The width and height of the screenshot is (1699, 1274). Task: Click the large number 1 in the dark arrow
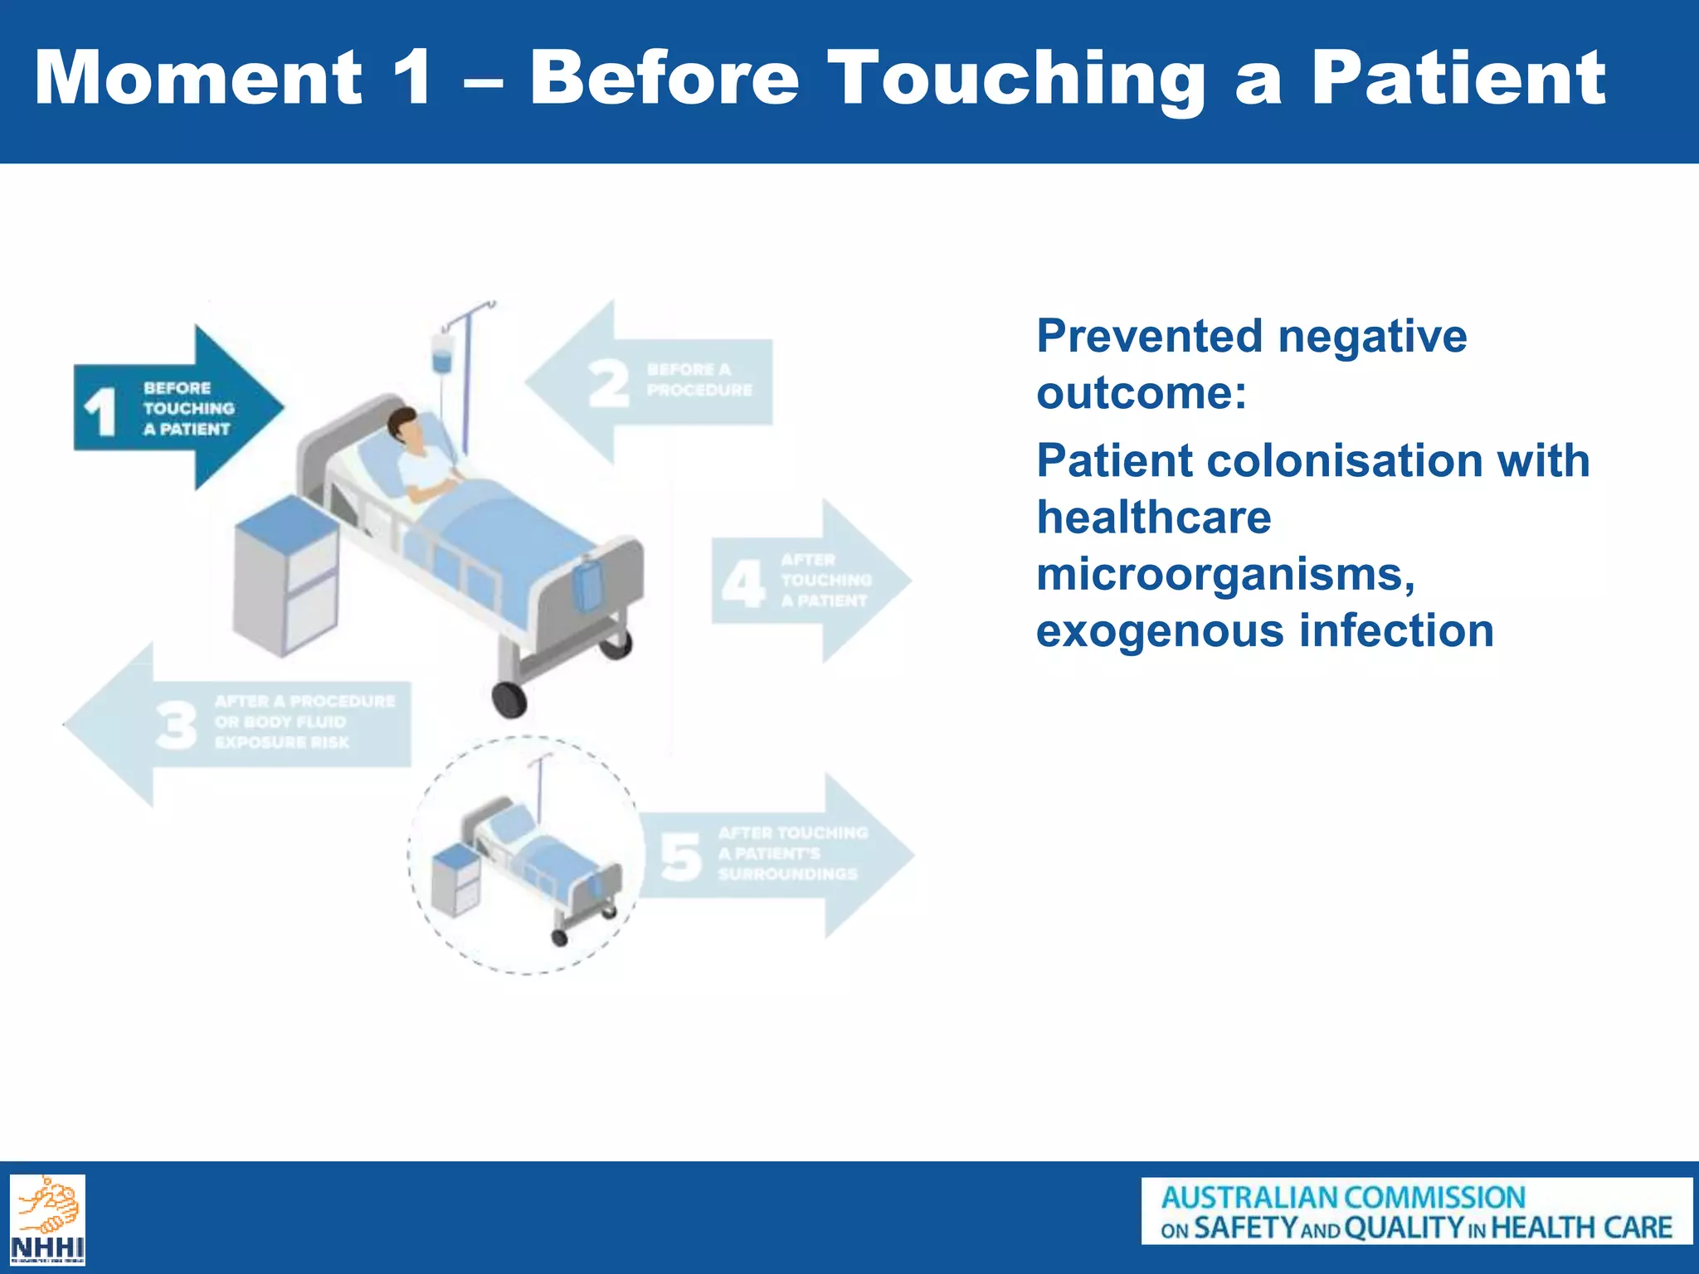point(100,411)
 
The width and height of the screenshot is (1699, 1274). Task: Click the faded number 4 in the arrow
point(742,582)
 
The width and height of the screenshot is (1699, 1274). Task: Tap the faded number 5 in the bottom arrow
point(680,857)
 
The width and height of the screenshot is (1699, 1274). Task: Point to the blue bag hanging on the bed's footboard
point(588,584)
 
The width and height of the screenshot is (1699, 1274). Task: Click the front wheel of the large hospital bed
point(509,699)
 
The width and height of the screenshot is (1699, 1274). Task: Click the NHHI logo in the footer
point(47,1219)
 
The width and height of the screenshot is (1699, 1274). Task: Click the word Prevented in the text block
point(1151,337)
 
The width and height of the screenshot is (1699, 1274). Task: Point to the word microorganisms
point(1225,574)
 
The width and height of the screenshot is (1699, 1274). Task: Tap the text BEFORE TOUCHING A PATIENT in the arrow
point(188,409)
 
